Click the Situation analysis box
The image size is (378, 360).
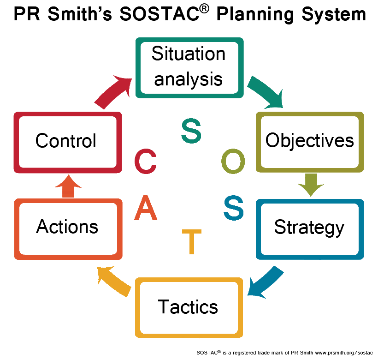pyautogui.click(x=189, y=67)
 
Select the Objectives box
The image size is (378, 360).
pyautogui.click(x=310, y=141)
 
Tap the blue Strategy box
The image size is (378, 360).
pyautogui.click(x=310, y=228)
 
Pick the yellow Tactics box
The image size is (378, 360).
pyautogui.click(x=189, y=307)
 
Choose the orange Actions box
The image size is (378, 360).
pyautogui.click(x=68, y=228)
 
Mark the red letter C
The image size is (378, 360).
pyautogui.click(x=146, y=161)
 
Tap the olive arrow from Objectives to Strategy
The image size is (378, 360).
pyautogui.click(x=310, y=184)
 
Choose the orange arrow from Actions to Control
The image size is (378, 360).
pyautogui.click(x=68, y=187)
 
